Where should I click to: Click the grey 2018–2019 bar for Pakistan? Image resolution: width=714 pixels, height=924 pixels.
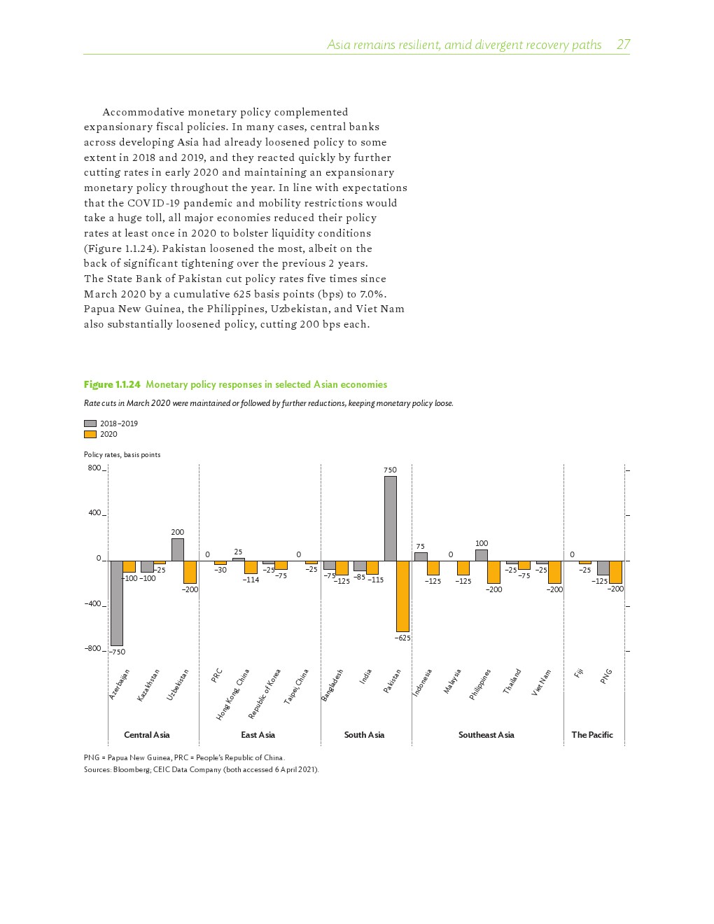click(390, 518)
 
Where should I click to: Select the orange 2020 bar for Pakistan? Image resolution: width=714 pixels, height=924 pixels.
click(402, 596)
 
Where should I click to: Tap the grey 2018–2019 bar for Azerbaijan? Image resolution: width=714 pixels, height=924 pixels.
click(116, 603)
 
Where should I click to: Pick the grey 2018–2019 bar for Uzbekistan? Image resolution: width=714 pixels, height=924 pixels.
click(178, 549)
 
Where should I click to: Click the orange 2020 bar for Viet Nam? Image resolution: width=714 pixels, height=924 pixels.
click(554, 572)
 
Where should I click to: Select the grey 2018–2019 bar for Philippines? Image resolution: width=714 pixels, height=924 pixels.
click(481, 555)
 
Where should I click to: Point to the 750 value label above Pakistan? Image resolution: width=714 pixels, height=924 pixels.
click(390, 470)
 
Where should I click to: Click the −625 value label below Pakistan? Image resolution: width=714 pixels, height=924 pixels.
click(402, 638)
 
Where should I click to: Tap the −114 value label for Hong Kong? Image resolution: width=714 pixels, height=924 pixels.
click(251, 580)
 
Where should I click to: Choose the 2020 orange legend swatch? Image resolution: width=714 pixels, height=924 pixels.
click(90, 434)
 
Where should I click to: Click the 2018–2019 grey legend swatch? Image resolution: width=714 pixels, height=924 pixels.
click(90, 423)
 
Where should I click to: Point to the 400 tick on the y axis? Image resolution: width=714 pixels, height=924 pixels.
click(94, 513)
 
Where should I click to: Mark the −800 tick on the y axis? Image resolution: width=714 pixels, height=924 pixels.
click(93, 649)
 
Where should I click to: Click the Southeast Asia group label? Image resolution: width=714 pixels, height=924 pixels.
click(486, 735)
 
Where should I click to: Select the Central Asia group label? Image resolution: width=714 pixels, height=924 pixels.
click(146, 735)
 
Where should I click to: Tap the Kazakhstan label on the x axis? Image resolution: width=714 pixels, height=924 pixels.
click(148, 685)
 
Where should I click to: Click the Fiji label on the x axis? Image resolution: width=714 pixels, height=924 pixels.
click(579, 673)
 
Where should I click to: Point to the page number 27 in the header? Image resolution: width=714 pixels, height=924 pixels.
click(623, 45)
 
